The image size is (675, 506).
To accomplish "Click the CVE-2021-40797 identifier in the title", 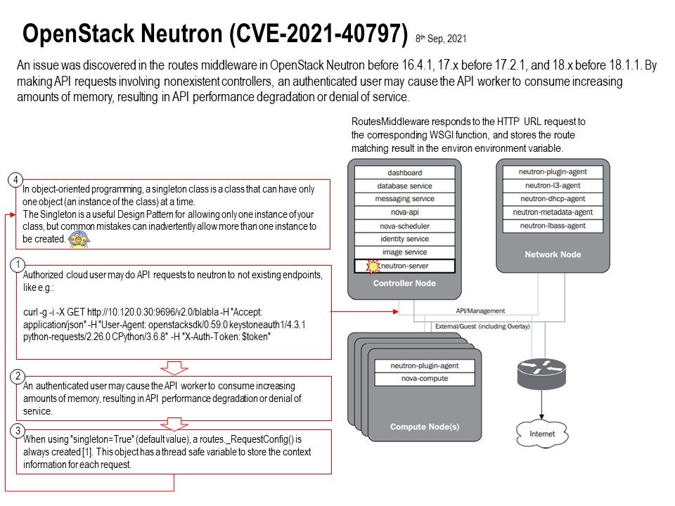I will click(321, 32).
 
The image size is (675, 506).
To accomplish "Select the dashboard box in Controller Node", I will click(404, 173).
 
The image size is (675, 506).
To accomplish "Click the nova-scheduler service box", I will click(404, 226).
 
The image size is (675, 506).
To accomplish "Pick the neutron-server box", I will click(404, 266).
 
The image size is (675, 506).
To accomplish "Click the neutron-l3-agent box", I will click(551, 186).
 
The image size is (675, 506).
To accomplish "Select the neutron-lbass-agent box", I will click(551, 226).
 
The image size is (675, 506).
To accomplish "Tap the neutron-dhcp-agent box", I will click(551, 199).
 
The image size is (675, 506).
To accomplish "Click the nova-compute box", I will click(416, 380).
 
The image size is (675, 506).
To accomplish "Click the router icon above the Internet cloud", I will click(541, 375).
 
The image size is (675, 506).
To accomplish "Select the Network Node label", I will click(553, 254).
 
